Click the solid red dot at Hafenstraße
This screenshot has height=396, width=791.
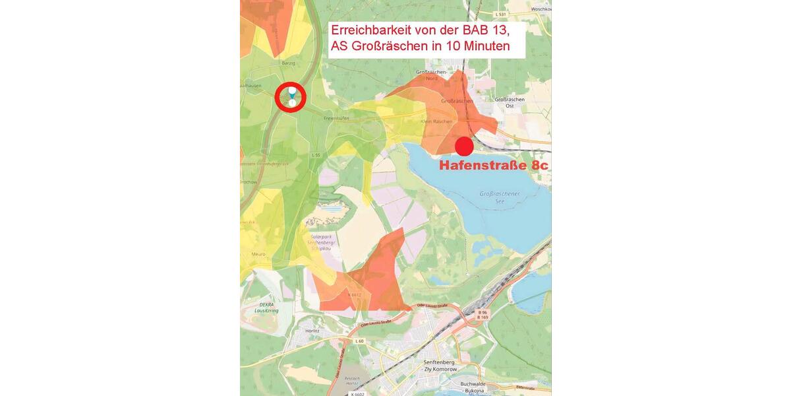pyautogui.click(x=465, y=147)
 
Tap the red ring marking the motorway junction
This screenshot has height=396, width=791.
pyautogui.click(x=290, y=98)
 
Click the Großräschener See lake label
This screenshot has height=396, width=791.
pyautogui.click(x=500, y=197)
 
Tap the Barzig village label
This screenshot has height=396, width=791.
pyautogui.click(x=289, y=63)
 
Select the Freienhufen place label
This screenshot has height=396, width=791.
pyautogui.click(x=336, y=118)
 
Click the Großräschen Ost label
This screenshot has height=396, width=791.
pyautogui.click(x=510, y=102)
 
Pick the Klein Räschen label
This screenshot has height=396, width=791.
pyautogui.click(x=436, y=121)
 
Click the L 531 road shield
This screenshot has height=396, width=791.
pyautogui.click(x=501, y=14)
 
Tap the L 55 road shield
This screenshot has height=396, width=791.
pyautogui.click(x=316, y=154)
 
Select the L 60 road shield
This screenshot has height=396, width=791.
pyautogui.click(x=359, y=341)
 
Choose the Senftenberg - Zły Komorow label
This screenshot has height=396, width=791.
pyautogui.click(x=438, y=366)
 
